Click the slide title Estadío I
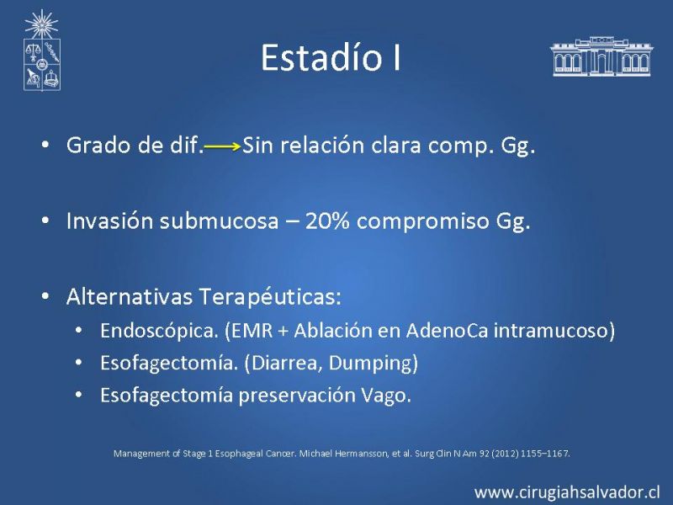coord(331,57)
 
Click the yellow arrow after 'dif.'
coord(222,146)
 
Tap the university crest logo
coord(41,50)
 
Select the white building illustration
coord(601,56)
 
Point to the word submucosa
coord(219,221)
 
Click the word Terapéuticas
coord(270,297)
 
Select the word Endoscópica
coord(159,331)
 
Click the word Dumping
coord(369,364)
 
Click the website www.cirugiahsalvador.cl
coord(567,492)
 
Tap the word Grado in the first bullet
coord(98,145)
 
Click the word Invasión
coord(109,221)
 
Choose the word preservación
coord(297,396)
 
